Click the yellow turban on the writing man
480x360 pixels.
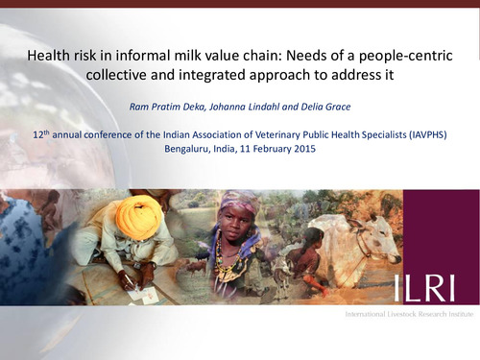coord(139,214)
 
